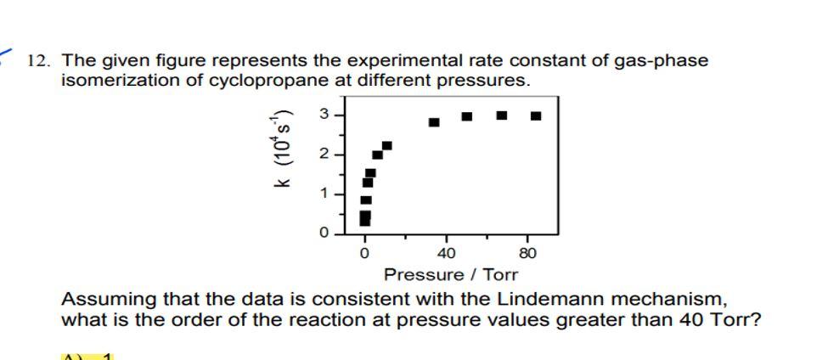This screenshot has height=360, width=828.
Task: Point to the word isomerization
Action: coord(113,81)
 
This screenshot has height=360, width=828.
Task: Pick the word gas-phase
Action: coord(660,61)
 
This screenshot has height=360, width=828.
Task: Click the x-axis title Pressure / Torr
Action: coord(450,274)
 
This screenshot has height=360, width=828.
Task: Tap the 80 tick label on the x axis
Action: coord(527,252)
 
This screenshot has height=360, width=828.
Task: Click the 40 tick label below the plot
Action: coord(446,252)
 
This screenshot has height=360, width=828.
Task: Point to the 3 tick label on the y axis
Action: coord(324,115)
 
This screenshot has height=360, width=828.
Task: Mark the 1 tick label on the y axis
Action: coord(324,194)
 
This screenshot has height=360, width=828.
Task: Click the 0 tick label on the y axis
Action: coord(324,232)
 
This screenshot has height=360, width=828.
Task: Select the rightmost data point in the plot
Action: coord(536,115)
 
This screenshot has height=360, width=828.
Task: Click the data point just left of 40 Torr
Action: coord(434,122)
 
